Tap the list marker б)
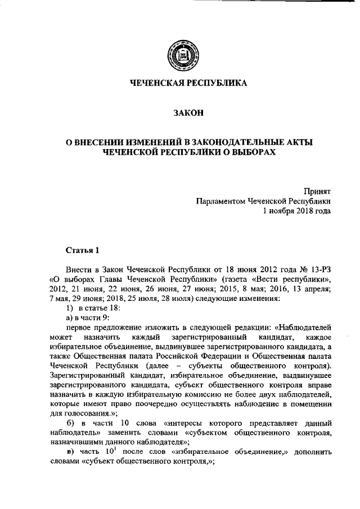tap(70, 422)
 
